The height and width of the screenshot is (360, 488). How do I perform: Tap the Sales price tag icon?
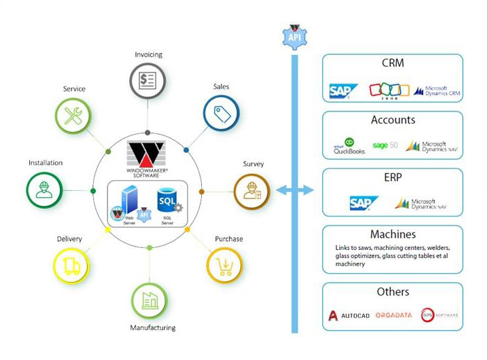tap(221, 113)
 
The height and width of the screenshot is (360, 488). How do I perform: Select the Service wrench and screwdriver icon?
tap(73, 117)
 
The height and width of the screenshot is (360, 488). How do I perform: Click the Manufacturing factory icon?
tap(150, 300)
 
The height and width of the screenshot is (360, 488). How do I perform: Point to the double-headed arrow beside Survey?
tap(294, 191)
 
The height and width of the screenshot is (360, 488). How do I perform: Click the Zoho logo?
tap(389, 91)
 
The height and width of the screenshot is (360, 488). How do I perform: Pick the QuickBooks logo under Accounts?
tap(349, 147)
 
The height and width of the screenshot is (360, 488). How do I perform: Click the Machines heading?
tap(392, 234)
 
